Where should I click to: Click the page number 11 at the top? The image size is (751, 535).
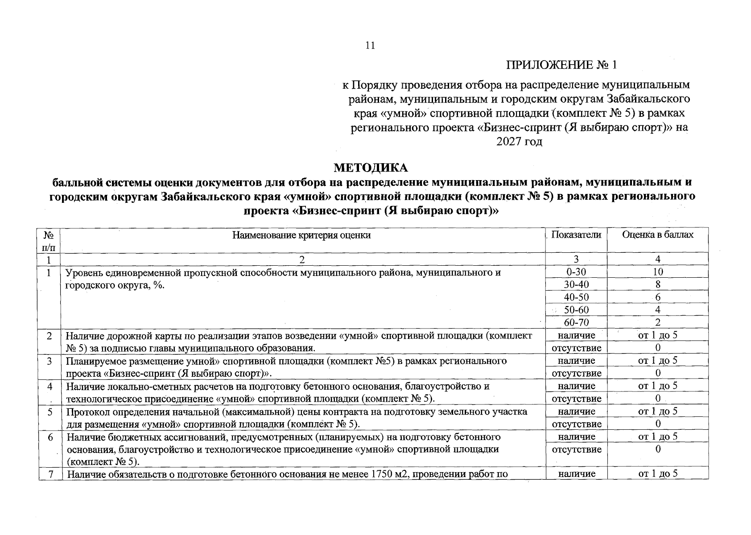pos(370,45)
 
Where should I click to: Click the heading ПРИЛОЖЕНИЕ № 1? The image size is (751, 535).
pos(561,65)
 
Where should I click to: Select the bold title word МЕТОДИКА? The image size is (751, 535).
pos(371,168)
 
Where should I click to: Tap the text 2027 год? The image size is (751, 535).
pos(519,142)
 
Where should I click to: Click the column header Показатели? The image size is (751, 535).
pos(576,235)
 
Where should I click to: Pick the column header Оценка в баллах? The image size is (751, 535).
pos(658,235)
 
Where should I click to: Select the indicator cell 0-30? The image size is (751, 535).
pos(576,272)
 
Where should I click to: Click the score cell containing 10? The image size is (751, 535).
pos(658,272)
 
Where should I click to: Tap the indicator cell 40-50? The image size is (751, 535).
pos(576,297)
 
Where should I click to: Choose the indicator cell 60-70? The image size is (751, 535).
pos(576,322)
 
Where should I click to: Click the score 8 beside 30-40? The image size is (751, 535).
pos(658,284)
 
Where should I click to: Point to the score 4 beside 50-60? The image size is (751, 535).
pos(658,310)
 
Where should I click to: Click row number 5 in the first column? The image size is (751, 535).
pos(50,411)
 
